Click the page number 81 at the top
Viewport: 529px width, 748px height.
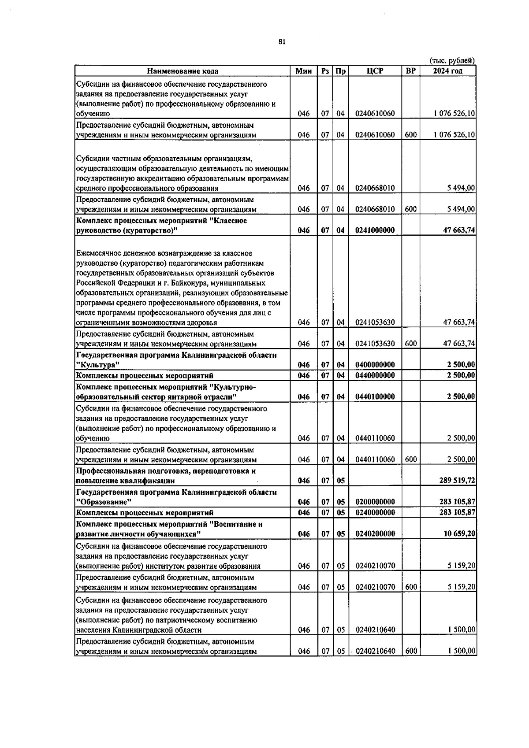click(x=282, y=42)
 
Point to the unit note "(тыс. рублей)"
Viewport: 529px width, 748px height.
click(x=452, y=61)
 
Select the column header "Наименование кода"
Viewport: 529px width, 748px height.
click(x=183, y=71)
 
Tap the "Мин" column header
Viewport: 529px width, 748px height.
click(x=303, y=71)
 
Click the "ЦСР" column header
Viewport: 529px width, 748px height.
click(x=375, y=71)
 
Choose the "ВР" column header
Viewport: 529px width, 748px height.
click(x=410, y=71)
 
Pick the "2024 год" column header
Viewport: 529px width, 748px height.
click(x=447, y=71)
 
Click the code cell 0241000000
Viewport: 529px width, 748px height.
click(x=375, y=230)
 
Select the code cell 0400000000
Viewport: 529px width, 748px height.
click(x=375, y=365)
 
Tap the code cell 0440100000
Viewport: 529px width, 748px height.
click(x=375, y=396)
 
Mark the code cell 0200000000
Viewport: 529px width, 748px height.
click(x=375, y=502)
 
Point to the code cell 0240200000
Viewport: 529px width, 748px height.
click(x=375, y=533)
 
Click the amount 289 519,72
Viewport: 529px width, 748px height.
click(x=457, y=481)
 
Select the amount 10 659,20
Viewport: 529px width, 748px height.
click(x=459, y=533)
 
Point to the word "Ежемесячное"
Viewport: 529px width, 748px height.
click(x=97, y=253)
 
